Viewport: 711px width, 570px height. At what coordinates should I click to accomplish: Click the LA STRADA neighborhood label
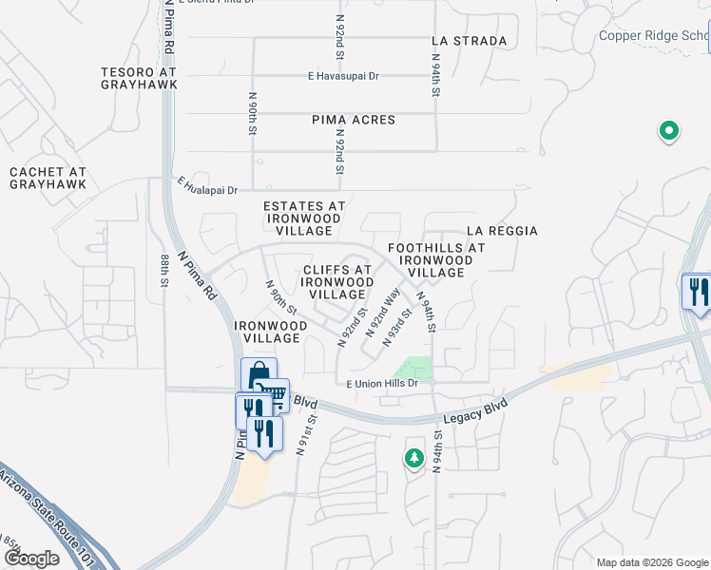coord(469,41)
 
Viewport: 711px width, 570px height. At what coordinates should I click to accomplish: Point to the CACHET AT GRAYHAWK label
coord(48,179)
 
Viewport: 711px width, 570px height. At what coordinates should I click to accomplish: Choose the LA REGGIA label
coord(502,231)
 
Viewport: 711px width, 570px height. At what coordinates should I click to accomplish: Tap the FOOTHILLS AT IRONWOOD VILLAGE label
coord(436,260)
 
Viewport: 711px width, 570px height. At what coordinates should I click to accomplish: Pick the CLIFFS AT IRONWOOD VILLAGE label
coord(337,282)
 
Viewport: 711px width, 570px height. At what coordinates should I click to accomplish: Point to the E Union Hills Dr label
coord(382,383)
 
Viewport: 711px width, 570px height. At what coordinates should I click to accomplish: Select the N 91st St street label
coord(304,435)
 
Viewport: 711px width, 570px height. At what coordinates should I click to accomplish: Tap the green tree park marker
coord(413,459)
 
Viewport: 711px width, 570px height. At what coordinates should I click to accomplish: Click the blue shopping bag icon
coord(258,374)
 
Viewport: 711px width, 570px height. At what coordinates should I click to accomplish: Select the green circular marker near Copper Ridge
coord(668,131)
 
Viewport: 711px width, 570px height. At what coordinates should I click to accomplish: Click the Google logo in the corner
coord(31,559)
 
